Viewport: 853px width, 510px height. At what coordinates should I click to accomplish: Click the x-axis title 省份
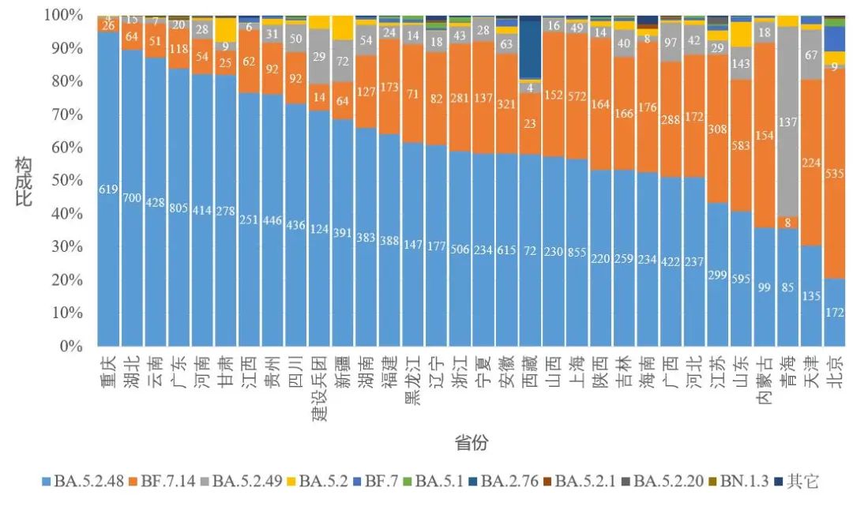pos(471,443)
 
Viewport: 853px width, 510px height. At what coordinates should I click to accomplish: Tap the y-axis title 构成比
pos(26,180)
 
